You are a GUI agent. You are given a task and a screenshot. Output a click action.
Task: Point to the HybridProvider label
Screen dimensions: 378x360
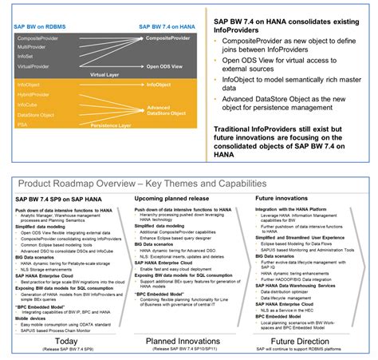[33, 95]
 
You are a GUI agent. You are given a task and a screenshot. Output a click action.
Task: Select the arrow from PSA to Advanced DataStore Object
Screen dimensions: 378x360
[88, 121]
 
